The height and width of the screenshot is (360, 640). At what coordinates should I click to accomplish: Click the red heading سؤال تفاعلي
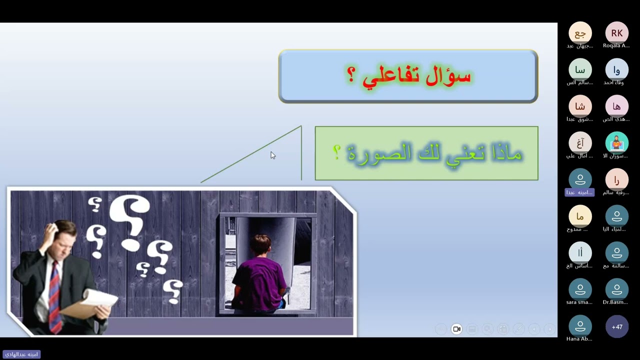coord(408,76)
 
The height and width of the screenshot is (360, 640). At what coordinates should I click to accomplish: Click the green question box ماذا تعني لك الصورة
coord(426,153)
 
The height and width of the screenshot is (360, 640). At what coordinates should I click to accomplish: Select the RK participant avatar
coord(616,33)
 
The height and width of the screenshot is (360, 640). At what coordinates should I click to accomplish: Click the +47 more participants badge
coord(616,327)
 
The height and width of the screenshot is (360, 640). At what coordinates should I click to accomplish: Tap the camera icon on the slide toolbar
coord(456,329)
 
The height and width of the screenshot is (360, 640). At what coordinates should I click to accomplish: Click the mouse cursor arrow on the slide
coord(272,155)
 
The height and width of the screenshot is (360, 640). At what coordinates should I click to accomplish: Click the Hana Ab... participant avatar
coord(580,327)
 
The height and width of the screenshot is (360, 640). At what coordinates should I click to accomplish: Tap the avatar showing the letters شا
coord(580,106)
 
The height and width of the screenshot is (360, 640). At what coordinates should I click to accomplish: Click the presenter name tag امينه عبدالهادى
coord(21,354)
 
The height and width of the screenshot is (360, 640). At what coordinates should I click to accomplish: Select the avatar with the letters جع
coord(580,33)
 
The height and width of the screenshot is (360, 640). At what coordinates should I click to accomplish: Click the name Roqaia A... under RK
coord(616,46)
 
